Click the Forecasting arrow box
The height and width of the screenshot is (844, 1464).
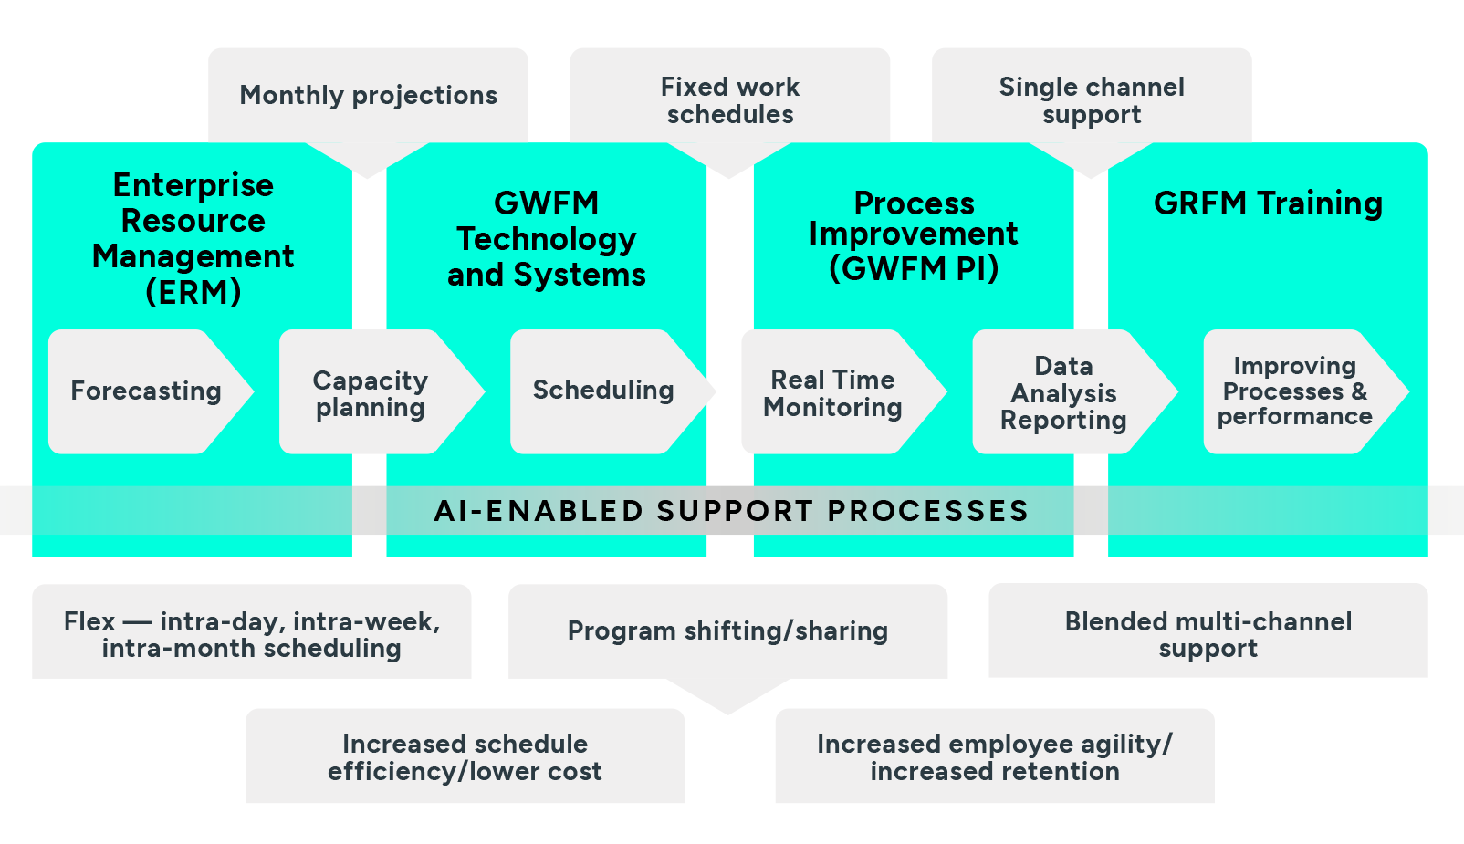pos(146,391)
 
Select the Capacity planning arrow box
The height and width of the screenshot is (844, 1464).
pos(371,392)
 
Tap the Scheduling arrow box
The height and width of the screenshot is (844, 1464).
pos(603,391)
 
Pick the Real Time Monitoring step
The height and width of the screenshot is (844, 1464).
pos(832,392)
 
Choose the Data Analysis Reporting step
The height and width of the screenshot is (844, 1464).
pos(1063,392)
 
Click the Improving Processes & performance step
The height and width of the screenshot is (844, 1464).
pos(1294,391)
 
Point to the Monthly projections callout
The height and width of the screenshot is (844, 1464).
pos(368,95)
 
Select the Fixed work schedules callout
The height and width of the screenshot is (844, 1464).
pos(729,100)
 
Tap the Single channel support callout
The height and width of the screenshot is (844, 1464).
pos(1092,100)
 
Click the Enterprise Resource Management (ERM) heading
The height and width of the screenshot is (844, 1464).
pos(193,238)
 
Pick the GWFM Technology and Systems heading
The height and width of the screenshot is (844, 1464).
pos(546,238)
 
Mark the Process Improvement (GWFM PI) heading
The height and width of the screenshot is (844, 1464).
pos(913,235)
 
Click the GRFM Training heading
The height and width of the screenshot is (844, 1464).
pos(1268,203)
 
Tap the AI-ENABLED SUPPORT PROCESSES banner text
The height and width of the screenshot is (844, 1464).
pos(731,510)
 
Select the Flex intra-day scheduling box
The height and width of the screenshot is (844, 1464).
pos(251,634)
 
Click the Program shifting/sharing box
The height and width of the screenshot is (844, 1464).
pos(727,630)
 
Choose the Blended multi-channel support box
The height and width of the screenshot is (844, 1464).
pos(1208,634)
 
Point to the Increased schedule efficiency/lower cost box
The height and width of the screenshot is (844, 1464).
pos(465,756)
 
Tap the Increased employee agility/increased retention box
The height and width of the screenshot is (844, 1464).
pos(994,756)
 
